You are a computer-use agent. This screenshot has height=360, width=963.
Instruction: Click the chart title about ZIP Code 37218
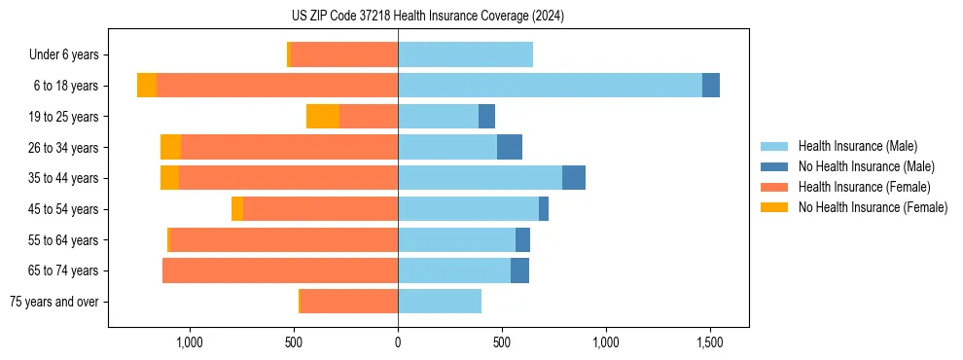point(427,17)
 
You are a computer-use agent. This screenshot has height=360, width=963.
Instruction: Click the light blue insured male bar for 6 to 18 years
point(550,86)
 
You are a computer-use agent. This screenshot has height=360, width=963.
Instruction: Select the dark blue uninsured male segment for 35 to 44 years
point(574,178)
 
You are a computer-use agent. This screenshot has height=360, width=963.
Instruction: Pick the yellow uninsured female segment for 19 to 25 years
point(323,117)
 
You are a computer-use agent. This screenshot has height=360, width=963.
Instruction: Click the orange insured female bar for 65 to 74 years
point(280,270)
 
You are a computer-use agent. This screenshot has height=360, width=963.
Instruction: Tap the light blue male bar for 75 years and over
point(440,302)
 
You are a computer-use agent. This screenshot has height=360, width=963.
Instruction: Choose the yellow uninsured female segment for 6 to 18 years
point(147,86)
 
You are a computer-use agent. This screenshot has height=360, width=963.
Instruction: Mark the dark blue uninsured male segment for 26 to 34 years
point(510,147)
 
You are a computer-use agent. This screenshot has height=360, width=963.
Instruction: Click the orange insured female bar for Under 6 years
point(344,55)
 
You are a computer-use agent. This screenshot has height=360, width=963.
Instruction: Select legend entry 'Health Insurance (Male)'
point(857,146)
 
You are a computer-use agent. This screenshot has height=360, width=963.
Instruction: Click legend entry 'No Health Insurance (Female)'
point(873,207)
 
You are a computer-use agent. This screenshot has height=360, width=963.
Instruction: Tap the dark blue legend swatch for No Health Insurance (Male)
point(774,166)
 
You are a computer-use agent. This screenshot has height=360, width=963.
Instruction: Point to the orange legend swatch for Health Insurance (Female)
point(774,187)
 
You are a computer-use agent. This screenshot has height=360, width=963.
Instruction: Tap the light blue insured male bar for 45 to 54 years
point(468,209)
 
